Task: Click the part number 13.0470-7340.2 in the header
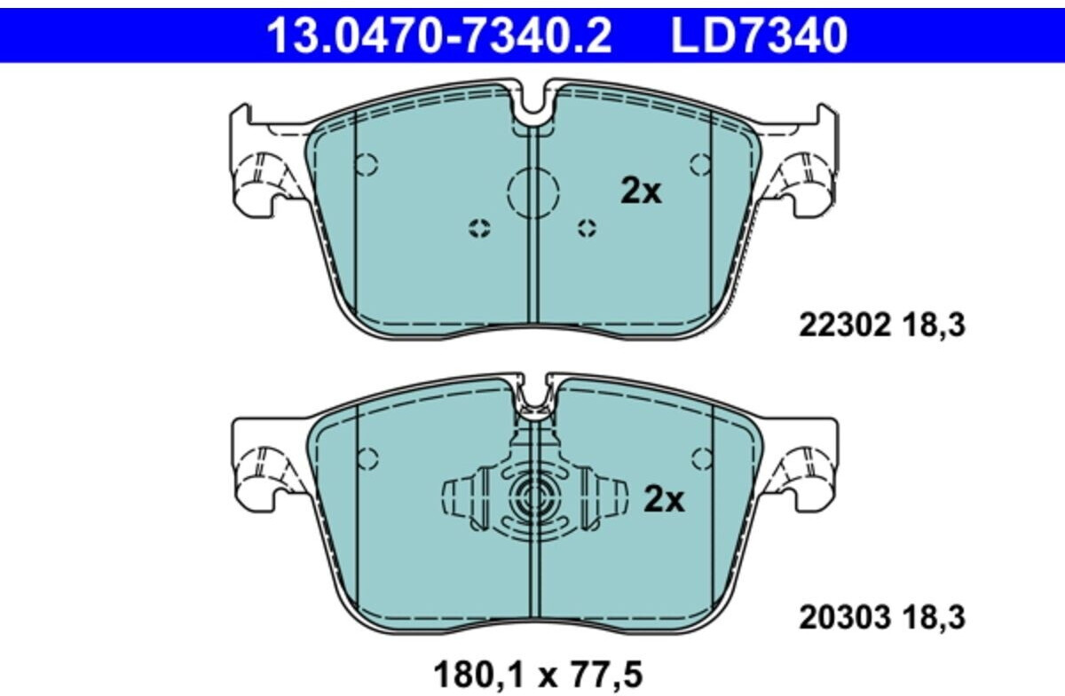(x=438, y=35)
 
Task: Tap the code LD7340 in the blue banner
(x=759, y=35)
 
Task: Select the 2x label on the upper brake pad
(x=640, y=191)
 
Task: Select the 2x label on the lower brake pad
(x=664, y=500)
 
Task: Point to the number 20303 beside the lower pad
(x=843, y=617)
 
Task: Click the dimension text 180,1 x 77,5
(x=537, y=675)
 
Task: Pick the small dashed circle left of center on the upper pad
(x=479, y=228)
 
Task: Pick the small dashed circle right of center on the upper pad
(x=586, y=228)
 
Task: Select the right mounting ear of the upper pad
(x=808, y=164)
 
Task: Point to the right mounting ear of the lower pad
(x=808, y=465)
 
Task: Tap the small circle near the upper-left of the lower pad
(x=367, y=457)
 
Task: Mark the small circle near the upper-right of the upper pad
(x=700, y=163)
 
